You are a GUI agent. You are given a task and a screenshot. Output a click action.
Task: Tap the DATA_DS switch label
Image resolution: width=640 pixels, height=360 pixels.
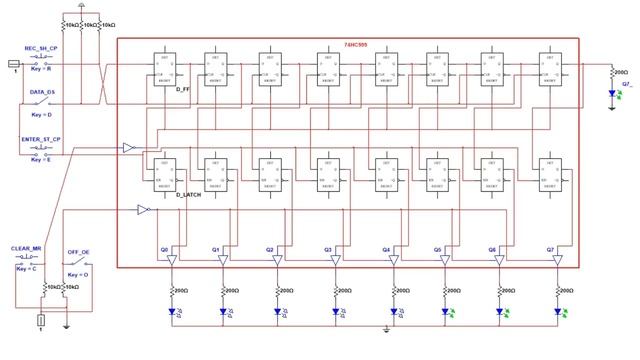coord(37,95)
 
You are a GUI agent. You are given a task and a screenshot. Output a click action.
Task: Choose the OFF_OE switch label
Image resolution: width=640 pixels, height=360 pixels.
coord(79,252)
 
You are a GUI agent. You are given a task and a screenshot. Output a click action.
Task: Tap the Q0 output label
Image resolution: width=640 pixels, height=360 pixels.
coord(164,250)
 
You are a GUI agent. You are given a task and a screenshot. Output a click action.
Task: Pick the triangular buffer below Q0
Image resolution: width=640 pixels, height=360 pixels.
coord(170,261)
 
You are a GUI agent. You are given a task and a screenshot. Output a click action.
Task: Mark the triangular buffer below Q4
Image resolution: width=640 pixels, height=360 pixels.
coord(392,261)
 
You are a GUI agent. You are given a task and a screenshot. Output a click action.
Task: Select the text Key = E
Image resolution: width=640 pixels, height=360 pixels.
coord(40,160)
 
